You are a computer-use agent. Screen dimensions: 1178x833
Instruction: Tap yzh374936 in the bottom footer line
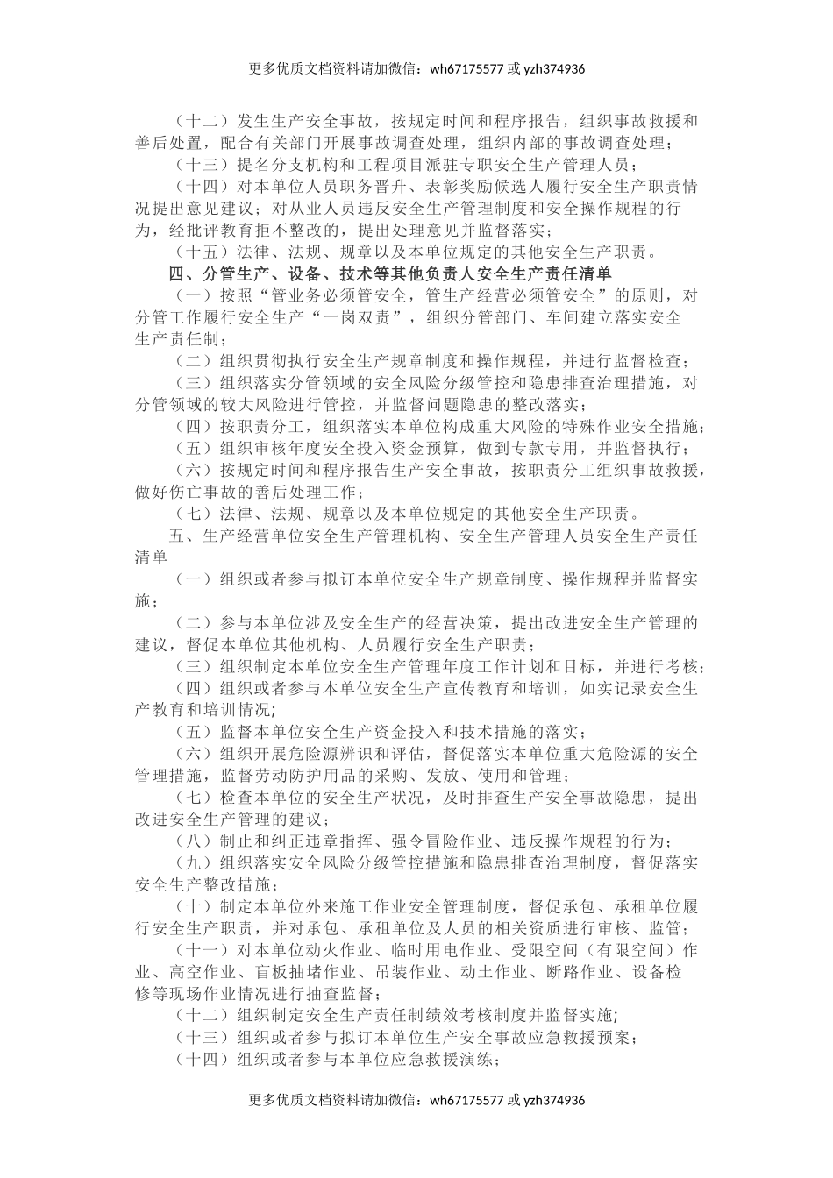pos(554,1100)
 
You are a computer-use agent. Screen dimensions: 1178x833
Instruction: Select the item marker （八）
pos(189,841)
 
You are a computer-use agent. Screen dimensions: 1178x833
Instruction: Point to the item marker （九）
pos(189,862)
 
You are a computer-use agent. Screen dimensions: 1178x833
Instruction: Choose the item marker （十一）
pos(201,950)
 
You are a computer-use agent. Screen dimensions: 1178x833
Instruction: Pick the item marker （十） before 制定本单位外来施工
pos(189,906)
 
